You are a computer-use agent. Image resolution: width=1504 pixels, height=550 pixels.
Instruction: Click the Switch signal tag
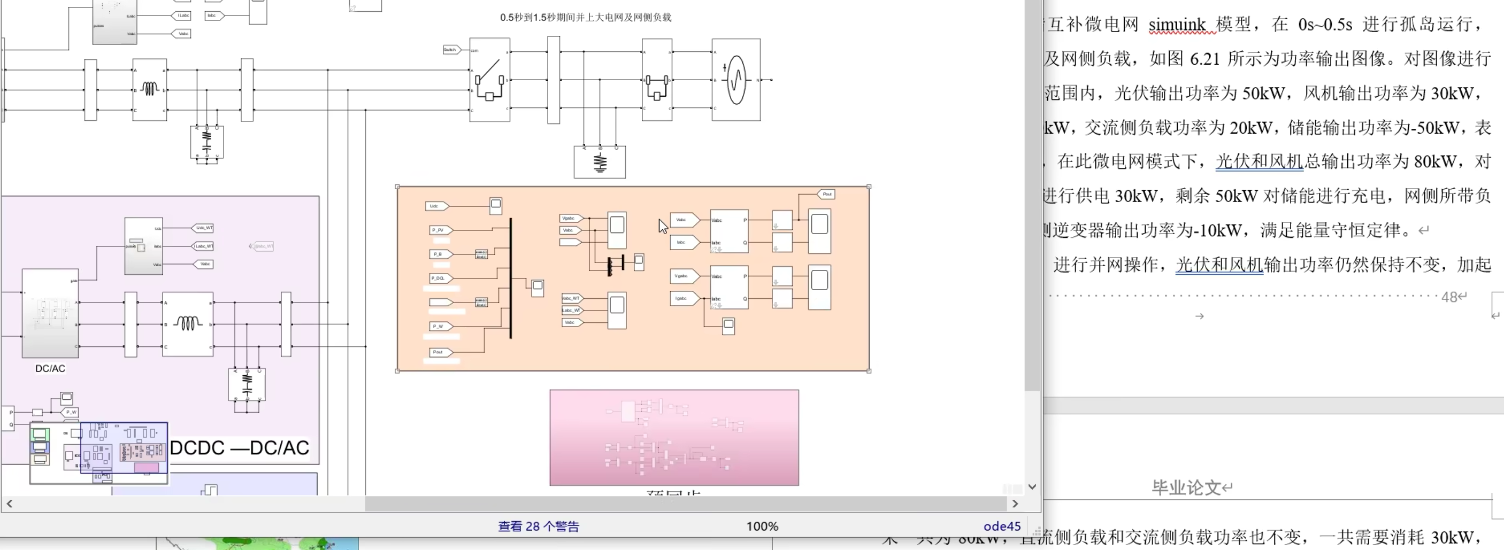point(451,50)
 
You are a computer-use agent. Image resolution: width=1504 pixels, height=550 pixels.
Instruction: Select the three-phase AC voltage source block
point(735,80)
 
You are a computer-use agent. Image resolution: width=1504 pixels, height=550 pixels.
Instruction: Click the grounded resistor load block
point(600,162)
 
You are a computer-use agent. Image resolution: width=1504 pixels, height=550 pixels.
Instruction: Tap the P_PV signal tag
point(440,230)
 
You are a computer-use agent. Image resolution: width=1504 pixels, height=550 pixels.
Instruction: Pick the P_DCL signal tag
point(440,278)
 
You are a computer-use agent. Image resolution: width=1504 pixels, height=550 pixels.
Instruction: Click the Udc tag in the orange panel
point(436,206)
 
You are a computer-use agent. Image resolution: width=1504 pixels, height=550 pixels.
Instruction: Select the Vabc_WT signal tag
point(572,299)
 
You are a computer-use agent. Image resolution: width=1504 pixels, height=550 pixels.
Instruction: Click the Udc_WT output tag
point(203,228)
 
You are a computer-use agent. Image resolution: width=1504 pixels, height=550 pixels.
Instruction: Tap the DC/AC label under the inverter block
point(50,369)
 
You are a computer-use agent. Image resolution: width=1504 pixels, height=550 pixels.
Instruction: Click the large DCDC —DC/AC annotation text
point(240,448)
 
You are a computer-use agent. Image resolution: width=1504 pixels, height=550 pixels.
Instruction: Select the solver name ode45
point(1002,526)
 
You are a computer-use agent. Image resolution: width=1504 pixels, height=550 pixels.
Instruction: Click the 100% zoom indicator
point(762,526)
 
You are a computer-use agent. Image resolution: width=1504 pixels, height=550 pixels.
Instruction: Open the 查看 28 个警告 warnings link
point(538,526)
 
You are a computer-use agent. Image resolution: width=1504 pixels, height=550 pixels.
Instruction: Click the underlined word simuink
point(1177,25)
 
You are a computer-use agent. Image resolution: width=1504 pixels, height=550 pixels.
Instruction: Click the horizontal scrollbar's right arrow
point(1015,503)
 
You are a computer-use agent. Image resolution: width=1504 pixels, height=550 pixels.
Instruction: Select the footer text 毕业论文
point(1186,487)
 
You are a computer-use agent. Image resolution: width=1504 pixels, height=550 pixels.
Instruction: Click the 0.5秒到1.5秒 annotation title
point(585,18)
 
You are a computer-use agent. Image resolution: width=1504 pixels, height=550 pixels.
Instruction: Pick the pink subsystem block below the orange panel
point(674,437)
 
